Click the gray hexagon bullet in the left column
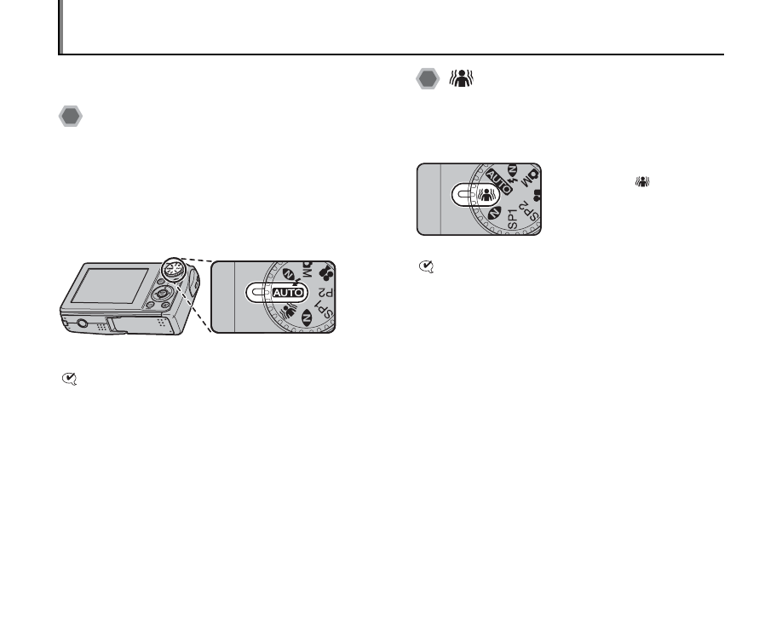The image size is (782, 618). click(x=71, y=117)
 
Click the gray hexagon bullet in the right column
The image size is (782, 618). click(x=428, y=79)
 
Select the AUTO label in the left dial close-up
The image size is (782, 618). click(x=287, y=292)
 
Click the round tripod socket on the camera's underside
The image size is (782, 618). click(x=82, y=323)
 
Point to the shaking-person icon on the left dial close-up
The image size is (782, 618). click(x=289, y=312)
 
